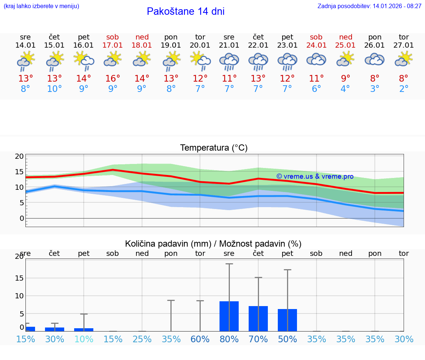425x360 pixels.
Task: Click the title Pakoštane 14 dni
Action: (186, 11)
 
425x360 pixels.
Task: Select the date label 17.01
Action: (113, 45)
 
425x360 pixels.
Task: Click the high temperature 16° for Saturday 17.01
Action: (113, 78)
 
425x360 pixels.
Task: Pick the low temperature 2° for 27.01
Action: (404, 89)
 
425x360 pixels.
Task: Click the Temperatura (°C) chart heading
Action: (214, 148)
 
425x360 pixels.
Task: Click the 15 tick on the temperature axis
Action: (19, 172)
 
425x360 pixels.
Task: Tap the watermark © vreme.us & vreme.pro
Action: (315, 176)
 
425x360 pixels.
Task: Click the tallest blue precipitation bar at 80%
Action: (229, 316)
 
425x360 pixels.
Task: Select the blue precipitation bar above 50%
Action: (287, 320)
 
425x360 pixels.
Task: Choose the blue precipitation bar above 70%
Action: (258, 318)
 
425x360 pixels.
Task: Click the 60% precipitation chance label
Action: (200, 339)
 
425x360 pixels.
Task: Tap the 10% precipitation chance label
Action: (84, 339)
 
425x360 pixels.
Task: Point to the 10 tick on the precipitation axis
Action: (19, 296)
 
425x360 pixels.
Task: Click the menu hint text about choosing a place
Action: (41, 6)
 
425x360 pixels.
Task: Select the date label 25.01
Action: (345, 45)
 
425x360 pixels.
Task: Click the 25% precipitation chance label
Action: (142, 339)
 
